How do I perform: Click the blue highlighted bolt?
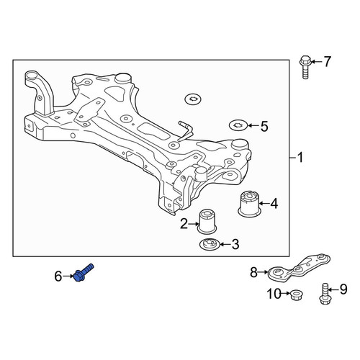[x=84, y=273]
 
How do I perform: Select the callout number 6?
[x=58, y=276]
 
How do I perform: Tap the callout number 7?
[x=328, y=62]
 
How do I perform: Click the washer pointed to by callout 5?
[x=238, y=125]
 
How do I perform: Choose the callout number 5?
[x=264, y=126]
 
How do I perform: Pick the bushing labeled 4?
[x=250, y=204]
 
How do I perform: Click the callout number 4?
[x=274, y=204]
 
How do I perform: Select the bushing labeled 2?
[x=207, y=221]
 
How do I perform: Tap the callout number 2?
[x=184, y=224]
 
